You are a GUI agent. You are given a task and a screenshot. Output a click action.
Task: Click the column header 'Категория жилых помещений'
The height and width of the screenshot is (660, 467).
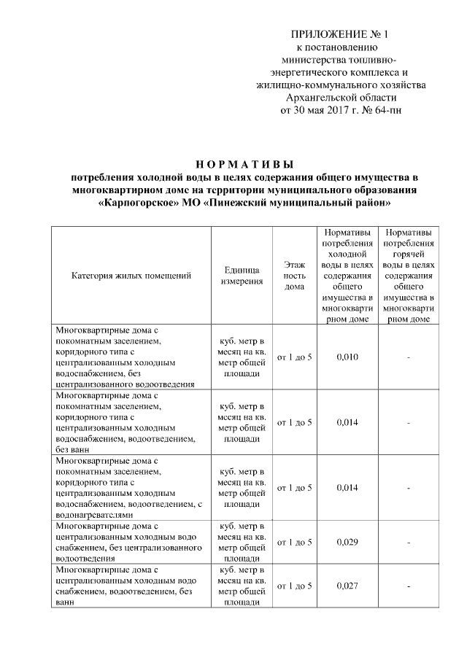pos(131,276)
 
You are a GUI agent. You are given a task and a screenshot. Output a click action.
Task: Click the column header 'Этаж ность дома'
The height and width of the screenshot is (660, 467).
pos(294,276)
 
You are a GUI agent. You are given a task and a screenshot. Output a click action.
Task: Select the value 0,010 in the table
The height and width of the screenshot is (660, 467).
pos(347,357)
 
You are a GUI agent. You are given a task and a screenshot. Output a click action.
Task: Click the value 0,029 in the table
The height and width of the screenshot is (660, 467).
pos(347,542)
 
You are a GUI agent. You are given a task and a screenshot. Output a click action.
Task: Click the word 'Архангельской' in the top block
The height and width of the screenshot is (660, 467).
pos(318,98)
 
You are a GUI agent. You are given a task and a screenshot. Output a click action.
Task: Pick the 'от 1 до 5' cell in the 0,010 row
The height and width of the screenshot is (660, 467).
pos(294,357)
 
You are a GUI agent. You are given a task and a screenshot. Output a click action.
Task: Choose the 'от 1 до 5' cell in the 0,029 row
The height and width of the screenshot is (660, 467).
pos(294,542)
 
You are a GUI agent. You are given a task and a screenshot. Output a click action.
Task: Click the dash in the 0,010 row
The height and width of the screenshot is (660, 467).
pos(409,357)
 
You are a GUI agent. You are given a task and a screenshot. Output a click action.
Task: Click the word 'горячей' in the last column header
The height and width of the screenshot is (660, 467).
pos(409,255)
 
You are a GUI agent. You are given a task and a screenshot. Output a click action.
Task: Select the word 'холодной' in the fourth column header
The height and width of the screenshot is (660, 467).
pos(347,255)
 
